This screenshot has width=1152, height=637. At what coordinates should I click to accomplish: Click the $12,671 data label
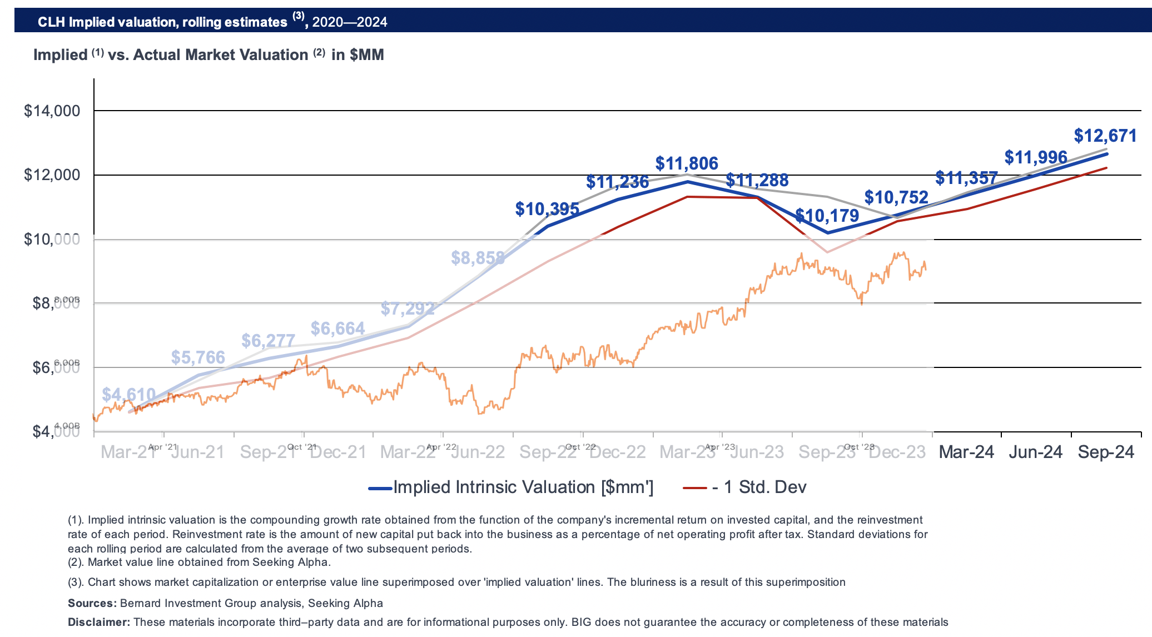point(1105,136)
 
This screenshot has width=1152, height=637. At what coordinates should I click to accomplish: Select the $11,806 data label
point(687,163)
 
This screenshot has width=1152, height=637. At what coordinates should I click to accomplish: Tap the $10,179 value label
point(827,216)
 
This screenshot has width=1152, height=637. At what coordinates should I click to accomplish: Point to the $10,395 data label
point(547,209)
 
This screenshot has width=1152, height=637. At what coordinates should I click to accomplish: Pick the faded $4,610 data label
point(128,395)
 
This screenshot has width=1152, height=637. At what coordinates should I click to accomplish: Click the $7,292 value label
point(408,308)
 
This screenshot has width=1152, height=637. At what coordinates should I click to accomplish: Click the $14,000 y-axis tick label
point(52,111)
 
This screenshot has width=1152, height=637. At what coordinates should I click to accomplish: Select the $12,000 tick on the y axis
point(52,175)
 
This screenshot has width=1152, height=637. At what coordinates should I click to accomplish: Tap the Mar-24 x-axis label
point(966,452)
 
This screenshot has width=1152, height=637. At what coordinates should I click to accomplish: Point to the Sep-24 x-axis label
point(1106,452)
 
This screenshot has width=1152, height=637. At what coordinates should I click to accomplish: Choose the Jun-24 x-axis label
point(1035,452)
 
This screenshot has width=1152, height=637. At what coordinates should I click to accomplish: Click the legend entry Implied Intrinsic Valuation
point(523,487)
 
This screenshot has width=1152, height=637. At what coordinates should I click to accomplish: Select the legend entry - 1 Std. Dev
point(758,487)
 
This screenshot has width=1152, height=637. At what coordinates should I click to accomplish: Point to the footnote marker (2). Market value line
point(76,562)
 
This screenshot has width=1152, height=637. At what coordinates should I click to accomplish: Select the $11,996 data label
point(1036,158)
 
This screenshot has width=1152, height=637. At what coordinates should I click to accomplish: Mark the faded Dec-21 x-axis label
point(338,452)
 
